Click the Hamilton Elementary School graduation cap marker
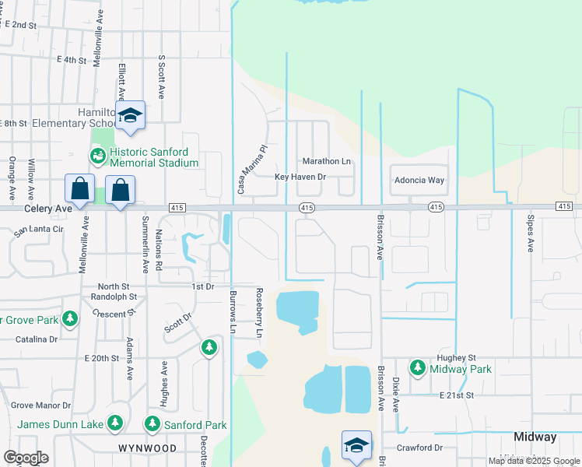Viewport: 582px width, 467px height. pyautogui.click(x=131, y=115)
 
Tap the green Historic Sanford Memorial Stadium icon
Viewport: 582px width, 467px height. pyautogui.click(x=98, y=156)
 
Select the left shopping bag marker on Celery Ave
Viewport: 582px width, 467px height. pyautogui.click(x=79, y=188)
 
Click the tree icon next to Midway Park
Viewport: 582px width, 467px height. pyautogui.click(x=418, y=367)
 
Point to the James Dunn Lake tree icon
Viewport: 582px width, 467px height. pyautogui.click(x=115, y=423)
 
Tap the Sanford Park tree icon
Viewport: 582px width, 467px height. pyautogui.click(x=153, y=424)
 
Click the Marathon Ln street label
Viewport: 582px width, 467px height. pyautogui.click(x=326, y=161)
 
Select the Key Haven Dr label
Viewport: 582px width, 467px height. pyautogui.click(x=300, y=177)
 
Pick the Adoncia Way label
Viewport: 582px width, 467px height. pyautogui.click(x=419, y=180)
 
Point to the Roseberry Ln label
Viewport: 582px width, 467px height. pyautogui.click(x=259, y=313)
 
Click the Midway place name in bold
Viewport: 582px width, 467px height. pyautogui.click(x=535, y=437)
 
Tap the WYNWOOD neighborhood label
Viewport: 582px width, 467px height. pyautogui.click(x=147, y=449)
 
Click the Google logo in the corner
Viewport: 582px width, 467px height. pyautogui.click(x=25, y=458)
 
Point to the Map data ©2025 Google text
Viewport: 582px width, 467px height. pyautogui.click(x=533, y=461)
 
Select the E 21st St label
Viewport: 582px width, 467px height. pyautogui.click(x=455, y=395)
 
